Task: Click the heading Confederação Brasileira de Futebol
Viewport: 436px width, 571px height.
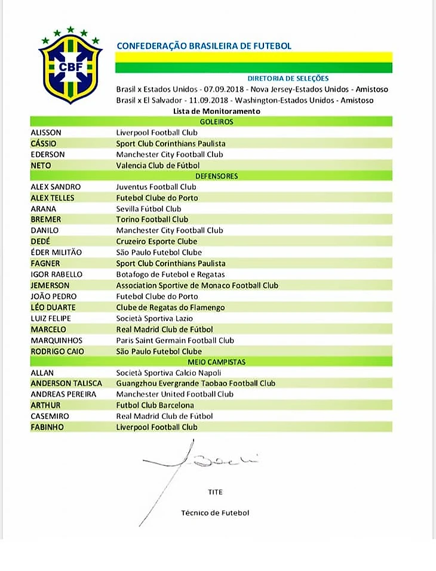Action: (x=204, y=46)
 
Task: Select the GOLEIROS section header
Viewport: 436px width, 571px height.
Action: (x=216, y=122)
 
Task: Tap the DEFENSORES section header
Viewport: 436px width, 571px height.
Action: (x=216, y=176)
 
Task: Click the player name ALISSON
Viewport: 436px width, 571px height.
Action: (x=46, y=132)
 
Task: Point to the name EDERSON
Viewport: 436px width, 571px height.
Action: (x=47, y=155)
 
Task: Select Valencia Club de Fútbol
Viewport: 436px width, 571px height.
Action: (x=158, y=165)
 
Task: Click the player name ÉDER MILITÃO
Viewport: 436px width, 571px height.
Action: (x=56, y=252)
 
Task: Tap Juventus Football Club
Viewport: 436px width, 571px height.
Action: (x=156, y=187)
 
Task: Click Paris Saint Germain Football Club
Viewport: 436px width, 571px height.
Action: (x=174, y=340)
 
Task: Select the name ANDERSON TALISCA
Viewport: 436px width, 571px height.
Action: (x=66, y=384)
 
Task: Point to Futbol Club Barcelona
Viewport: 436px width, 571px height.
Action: (x=155, y=405)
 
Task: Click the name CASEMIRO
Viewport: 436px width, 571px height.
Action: (x=50, y=416)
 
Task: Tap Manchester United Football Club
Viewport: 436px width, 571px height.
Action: (x=174, y=394)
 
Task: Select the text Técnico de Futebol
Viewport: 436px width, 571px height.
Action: (x=215, y=513)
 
